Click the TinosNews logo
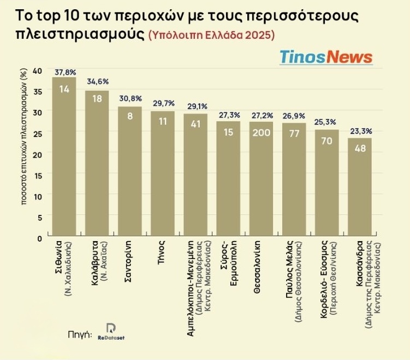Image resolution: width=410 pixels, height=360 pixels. tap(326, 57)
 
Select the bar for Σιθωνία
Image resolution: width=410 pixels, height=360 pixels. tap(64, 158)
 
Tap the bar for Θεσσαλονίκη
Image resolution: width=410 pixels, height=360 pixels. tap(262, 180)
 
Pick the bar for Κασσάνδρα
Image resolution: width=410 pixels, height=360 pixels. tap(360, 188)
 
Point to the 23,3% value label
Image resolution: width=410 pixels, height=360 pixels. tap(360, 131)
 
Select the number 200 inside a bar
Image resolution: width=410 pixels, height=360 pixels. tap(262, 132)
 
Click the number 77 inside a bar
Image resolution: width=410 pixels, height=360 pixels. tap(294, 134)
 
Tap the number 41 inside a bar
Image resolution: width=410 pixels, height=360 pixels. tap(195, 124)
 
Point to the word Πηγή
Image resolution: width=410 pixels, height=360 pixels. tap(79, 334)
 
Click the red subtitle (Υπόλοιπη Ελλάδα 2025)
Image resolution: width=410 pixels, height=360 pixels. tap(211, 35)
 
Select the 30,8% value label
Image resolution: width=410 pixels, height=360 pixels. tap(130, 99)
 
